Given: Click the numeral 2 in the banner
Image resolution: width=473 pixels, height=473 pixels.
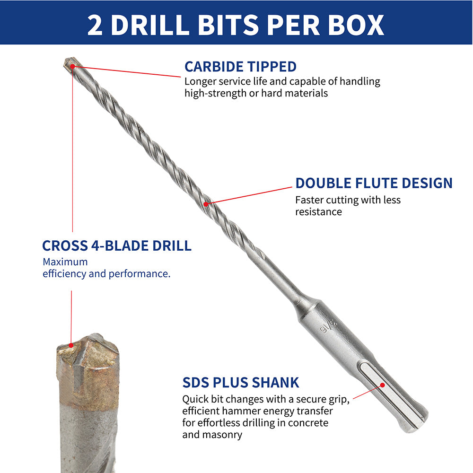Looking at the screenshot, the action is [95, 25].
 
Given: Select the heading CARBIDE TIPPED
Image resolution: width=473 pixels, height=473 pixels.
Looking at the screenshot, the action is [240, 67].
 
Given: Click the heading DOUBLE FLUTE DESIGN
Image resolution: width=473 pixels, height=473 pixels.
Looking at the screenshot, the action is [374, 183].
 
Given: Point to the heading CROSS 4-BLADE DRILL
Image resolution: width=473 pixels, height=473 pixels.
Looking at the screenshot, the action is [117, 245].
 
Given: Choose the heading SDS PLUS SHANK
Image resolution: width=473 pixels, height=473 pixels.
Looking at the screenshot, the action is [240, 383].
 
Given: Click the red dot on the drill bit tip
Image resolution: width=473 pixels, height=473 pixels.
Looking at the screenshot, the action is [72, 66].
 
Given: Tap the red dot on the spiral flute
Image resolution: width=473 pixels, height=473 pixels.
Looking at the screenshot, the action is [206, 204].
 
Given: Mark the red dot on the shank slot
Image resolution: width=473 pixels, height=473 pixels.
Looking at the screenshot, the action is [382, 385].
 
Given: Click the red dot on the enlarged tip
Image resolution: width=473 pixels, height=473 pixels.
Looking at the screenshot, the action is [71, 345].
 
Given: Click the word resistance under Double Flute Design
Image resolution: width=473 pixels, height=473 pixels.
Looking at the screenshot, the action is [318, 212].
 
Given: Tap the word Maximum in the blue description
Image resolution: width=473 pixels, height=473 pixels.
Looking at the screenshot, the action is [65, 262].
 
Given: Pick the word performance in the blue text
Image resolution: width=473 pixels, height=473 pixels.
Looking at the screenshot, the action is [140, 274].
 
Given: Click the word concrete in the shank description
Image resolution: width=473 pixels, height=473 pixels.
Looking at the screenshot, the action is [308, 423].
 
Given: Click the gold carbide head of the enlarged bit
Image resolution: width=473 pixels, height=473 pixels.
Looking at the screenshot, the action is [88, 371].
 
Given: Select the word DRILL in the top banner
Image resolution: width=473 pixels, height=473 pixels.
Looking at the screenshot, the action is [150, 25].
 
